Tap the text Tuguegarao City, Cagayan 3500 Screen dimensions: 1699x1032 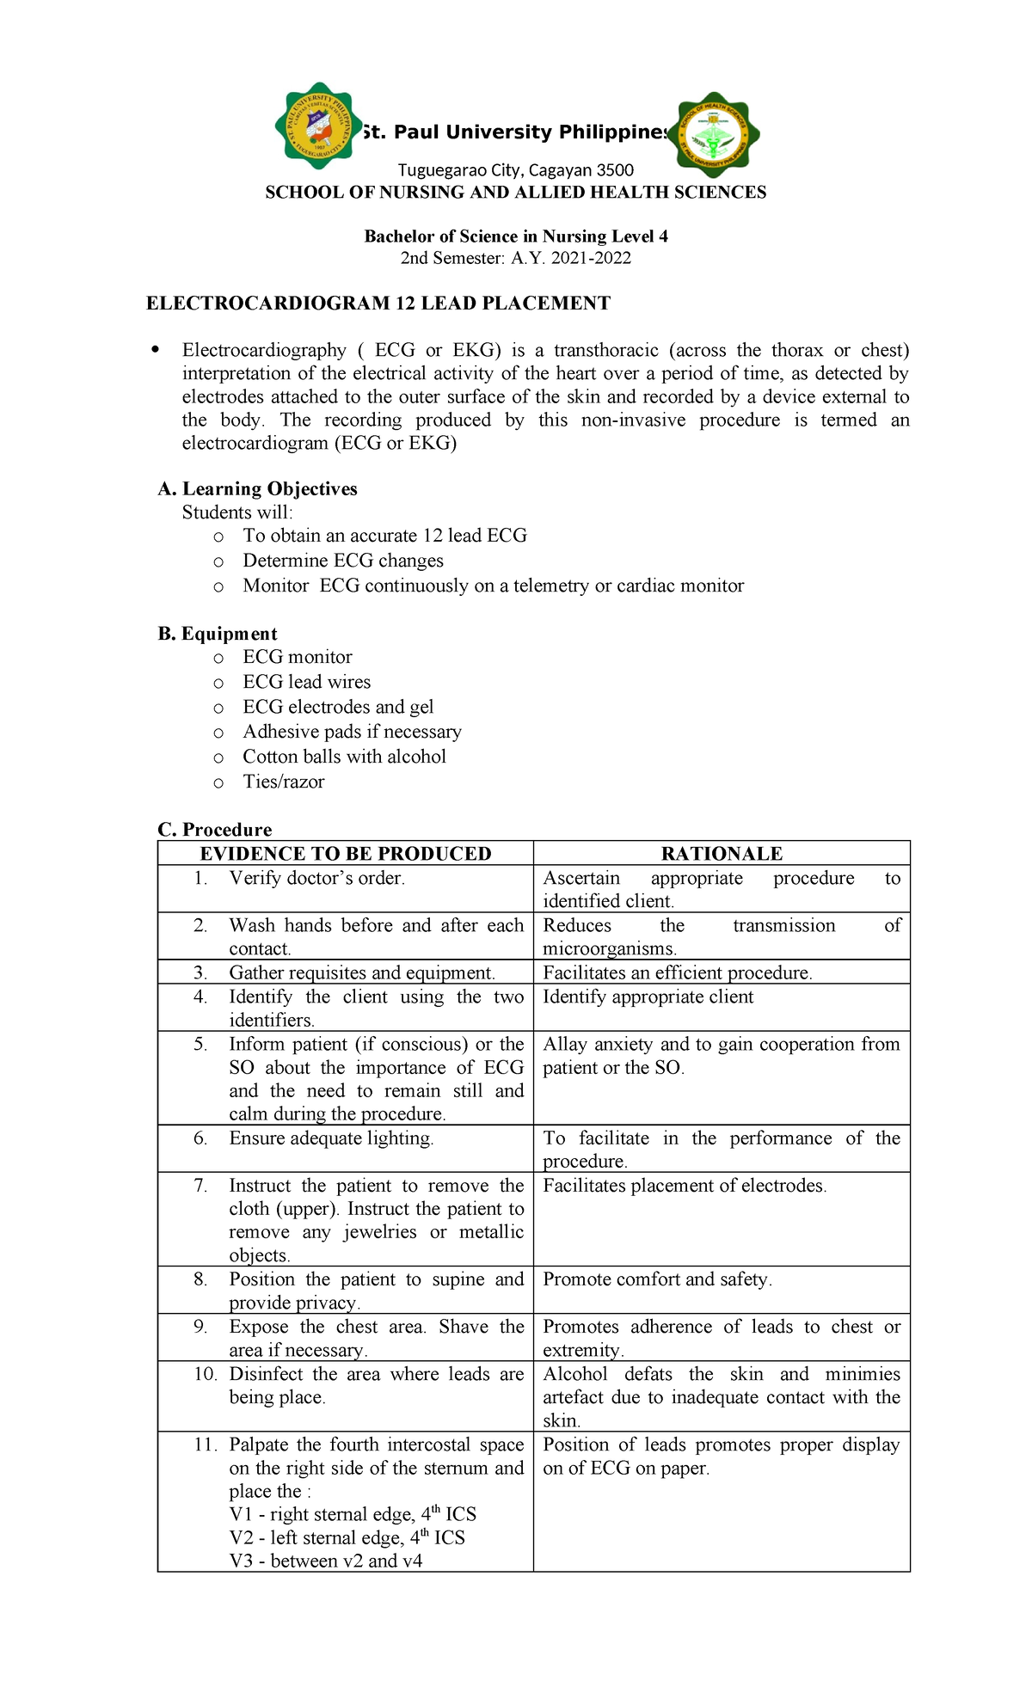tap(515, 170)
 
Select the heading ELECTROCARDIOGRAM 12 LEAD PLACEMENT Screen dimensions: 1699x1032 tap(378, 303)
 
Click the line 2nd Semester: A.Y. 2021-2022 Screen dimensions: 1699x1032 tap(515, 258)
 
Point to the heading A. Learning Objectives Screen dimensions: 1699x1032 tap(257, 488)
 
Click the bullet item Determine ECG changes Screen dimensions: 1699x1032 tap(342, 561)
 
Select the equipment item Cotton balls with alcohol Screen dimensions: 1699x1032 tap(344, 757)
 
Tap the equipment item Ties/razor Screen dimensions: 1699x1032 tap(283, 782)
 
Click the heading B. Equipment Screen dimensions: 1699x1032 tap(218, 634)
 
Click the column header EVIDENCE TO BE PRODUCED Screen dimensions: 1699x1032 tap(346, 854)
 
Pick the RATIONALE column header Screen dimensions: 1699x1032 tap(722, 854)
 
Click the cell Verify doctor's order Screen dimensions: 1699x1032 tap(316, 878)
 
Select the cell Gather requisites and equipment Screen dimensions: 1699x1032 tap(361, 972)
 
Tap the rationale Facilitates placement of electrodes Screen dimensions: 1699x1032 tap(685, 1186)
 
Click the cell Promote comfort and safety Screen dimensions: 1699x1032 tap(657, 1279)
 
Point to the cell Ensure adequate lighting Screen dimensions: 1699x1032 tap(331, 1138)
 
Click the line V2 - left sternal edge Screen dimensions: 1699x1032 tap(347, 1538)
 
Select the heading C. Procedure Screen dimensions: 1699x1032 tap(215, 830)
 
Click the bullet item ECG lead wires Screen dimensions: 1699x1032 tap(306, 682)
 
